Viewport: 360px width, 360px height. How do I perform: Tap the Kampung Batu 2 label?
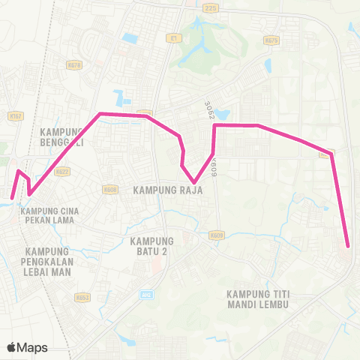(152, 246)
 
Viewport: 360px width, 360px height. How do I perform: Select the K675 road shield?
(271, 40)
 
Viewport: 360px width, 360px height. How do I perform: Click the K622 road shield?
(62, 171)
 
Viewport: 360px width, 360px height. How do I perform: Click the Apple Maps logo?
(28, 347)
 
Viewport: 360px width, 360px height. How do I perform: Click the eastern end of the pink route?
(348, 245)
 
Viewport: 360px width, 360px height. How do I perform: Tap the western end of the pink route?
(12, 199)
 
